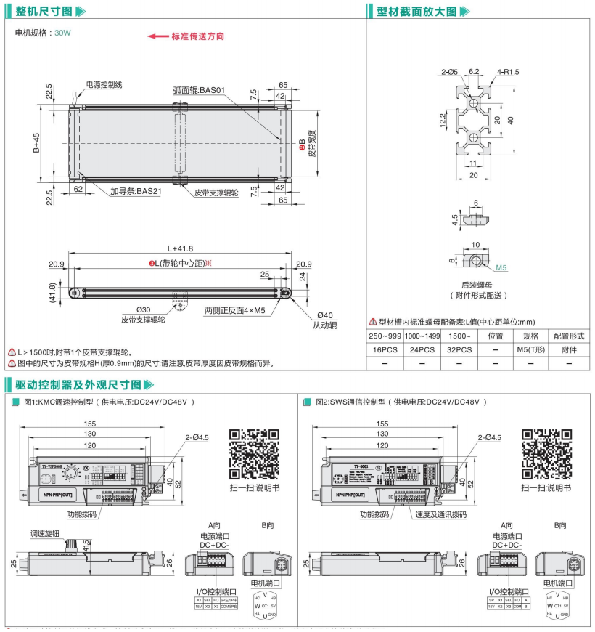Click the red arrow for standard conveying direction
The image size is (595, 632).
click(157, 36)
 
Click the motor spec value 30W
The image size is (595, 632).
click(63, 33)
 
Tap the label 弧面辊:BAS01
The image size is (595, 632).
click(200, 91)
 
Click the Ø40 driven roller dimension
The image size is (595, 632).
click(322, 315)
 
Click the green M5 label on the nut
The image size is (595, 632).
click(502, 267)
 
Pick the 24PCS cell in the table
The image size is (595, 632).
click(422, 349)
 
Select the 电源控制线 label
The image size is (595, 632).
click(104, 85)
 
